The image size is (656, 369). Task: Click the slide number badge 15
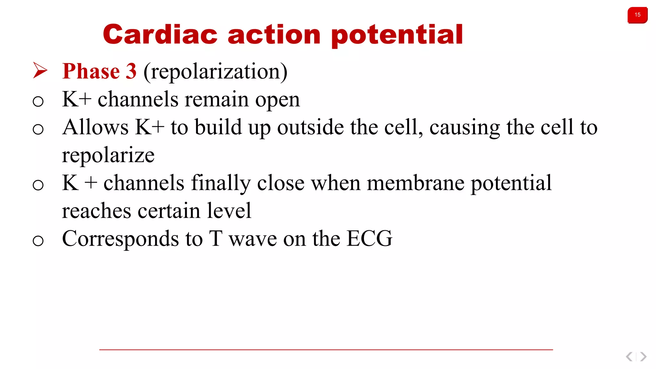637,15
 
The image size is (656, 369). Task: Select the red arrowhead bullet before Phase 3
40,70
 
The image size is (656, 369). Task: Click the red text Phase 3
99,71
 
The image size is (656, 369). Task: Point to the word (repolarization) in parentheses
215,72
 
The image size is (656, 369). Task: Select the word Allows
95,127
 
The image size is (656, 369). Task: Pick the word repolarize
108,156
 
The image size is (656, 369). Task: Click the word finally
221,184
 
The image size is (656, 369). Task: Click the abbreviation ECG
369,239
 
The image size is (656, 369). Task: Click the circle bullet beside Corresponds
38,241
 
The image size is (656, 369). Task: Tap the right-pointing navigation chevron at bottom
643,357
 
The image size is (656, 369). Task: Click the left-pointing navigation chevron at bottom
629,357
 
